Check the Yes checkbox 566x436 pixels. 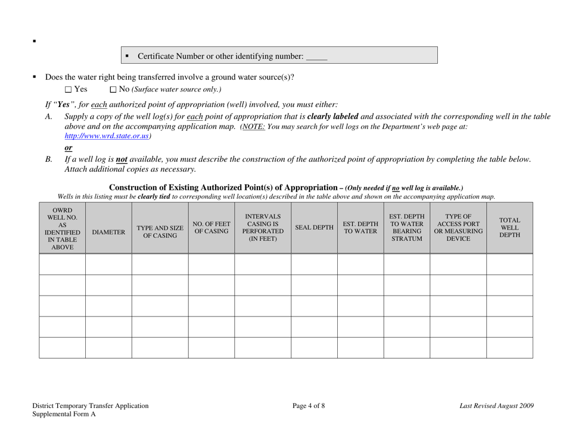pyautogui.click(x=69, y=90)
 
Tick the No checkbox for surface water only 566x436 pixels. pyautogui.click(x=114, y=90)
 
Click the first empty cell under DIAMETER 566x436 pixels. pyautogui.click(x=108, y=264)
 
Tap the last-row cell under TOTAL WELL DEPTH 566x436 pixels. pyautogui.click(x=509, y=347)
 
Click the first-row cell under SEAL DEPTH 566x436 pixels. pyautogui.click(x=314, y=264)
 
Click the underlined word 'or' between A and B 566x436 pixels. pyautogui.click(x=69, y=148)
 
